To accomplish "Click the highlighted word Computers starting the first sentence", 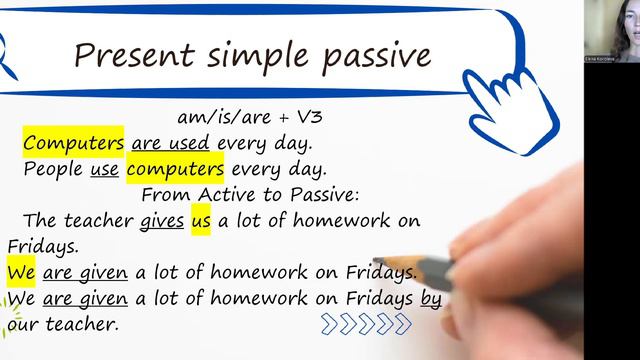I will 74,143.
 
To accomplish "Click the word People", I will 53,169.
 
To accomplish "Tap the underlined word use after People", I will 104,169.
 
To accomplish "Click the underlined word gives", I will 163,221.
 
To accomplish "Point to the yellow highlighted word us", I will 200,221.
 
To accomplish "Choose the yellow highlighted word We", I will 21,272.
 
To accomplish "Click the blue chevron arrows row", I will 366,323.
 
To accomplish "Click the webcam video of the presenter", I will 611,31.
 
